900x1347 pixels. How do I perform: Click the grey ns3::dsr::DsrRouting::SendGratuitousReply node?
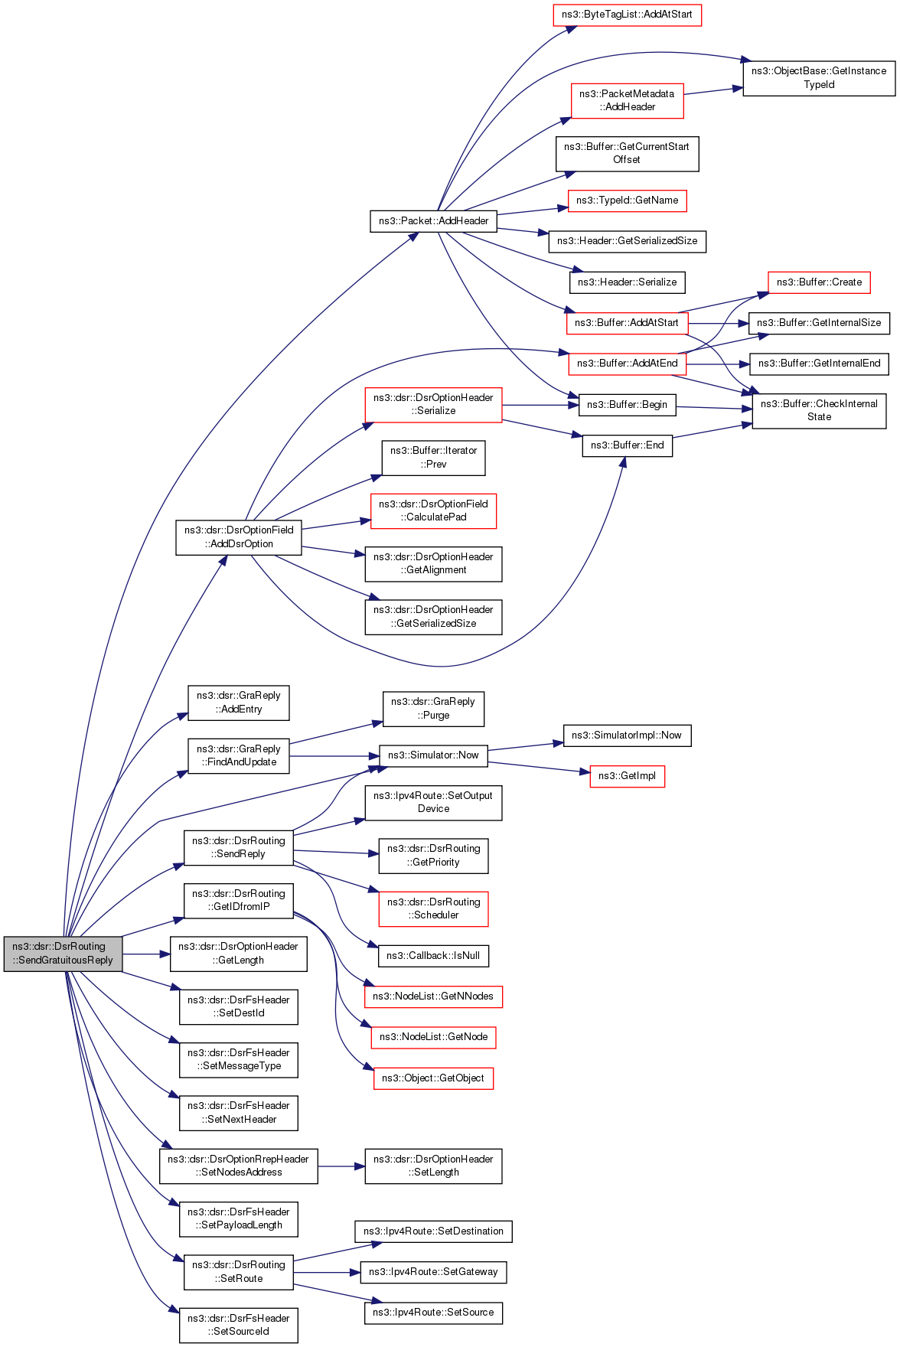[x=63, y=954]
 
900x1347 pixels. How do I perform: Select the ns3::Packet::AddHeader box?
[x=434, y=221]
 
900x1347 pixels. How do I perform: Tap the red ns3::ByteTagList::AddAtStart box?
[x=627, y=15]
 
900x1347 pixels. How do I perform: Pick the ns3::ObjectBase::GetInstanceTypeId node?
[x=819, y=78]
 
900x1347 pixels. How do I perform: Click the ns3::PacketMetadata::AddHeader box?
[x=627, y=101]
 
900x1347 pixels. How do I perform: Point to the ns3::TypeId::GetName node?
[x=627, y=201]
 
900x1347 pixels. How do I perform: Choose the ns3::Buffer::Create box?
[x=819, y=282]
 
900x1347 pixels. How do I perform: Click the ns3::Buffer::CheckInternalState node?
[x=819, y=411]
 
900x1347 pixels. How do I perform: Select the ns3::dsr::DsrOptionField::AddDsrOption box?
[x=239, y=537]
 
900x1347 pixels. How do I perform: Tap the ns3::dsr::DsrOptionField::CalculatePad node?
[x=433, y=510]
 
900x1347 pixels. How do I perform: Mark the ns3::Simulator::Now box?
[x=433, y=755]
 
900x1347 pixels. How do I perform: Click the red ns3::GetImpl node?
[x=627, y=776]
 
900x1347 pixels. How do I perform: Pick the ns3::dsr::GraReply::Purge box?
[x=433, y=709]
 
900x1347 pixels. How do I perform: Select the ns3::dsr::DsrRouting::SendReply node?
[x=239, y=848]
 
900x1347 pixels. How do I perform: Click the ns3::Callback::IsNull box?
[x=433, y=956]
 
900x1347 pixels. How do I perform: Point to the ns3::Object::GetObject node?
[x=433, y=1078]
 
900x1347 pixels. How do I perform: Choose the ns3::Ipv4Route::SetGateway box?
[x=433, y=1272]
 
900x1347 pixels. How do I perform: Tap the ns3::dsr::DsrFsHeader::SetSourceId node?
[x=239, y=1326]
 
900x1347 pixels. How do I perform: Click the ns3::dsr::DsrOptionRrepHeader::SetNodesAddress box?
[x=239, y=1166]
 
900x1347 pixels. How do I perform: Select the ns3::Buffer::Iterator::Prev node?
[x=433, y=458]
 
